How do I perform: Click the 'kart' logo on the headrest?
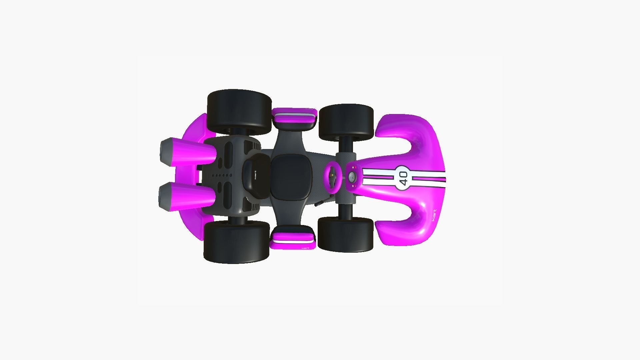[x=255, y=174]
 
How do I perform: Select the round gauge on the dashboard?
[x=352, y=177]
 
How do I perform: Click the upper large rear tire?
[x=239, y=112]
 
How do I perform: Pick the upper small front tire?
[x=346, y=122]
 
